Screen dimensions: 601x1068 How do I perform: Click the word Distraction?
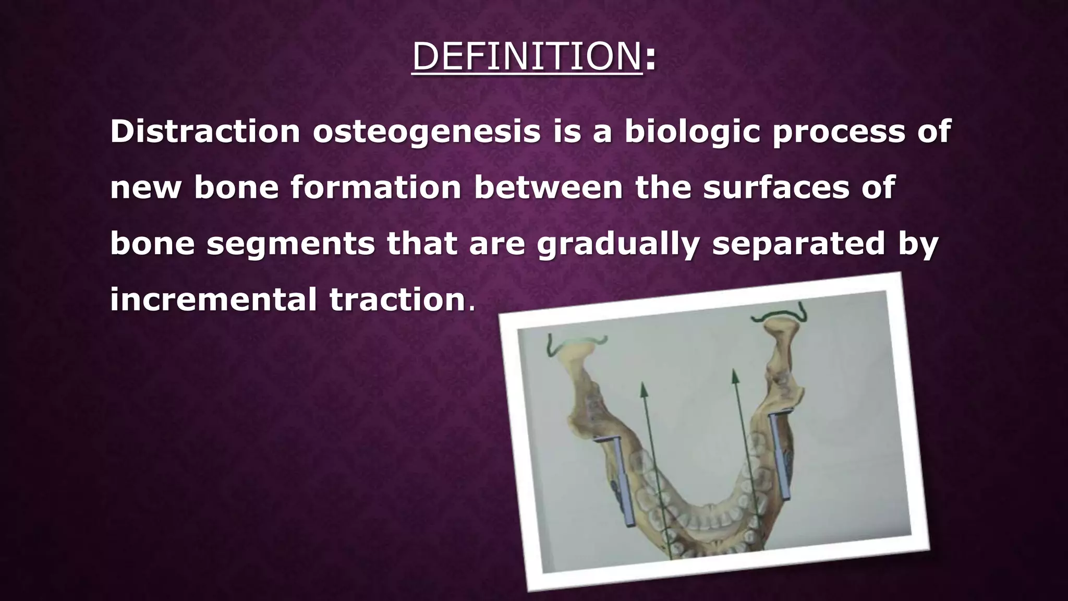point(205,131)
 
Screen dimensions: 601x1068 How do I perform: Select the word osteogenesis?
point(427,132)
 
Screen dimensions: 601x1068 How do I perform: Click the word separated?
point(798,244)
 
